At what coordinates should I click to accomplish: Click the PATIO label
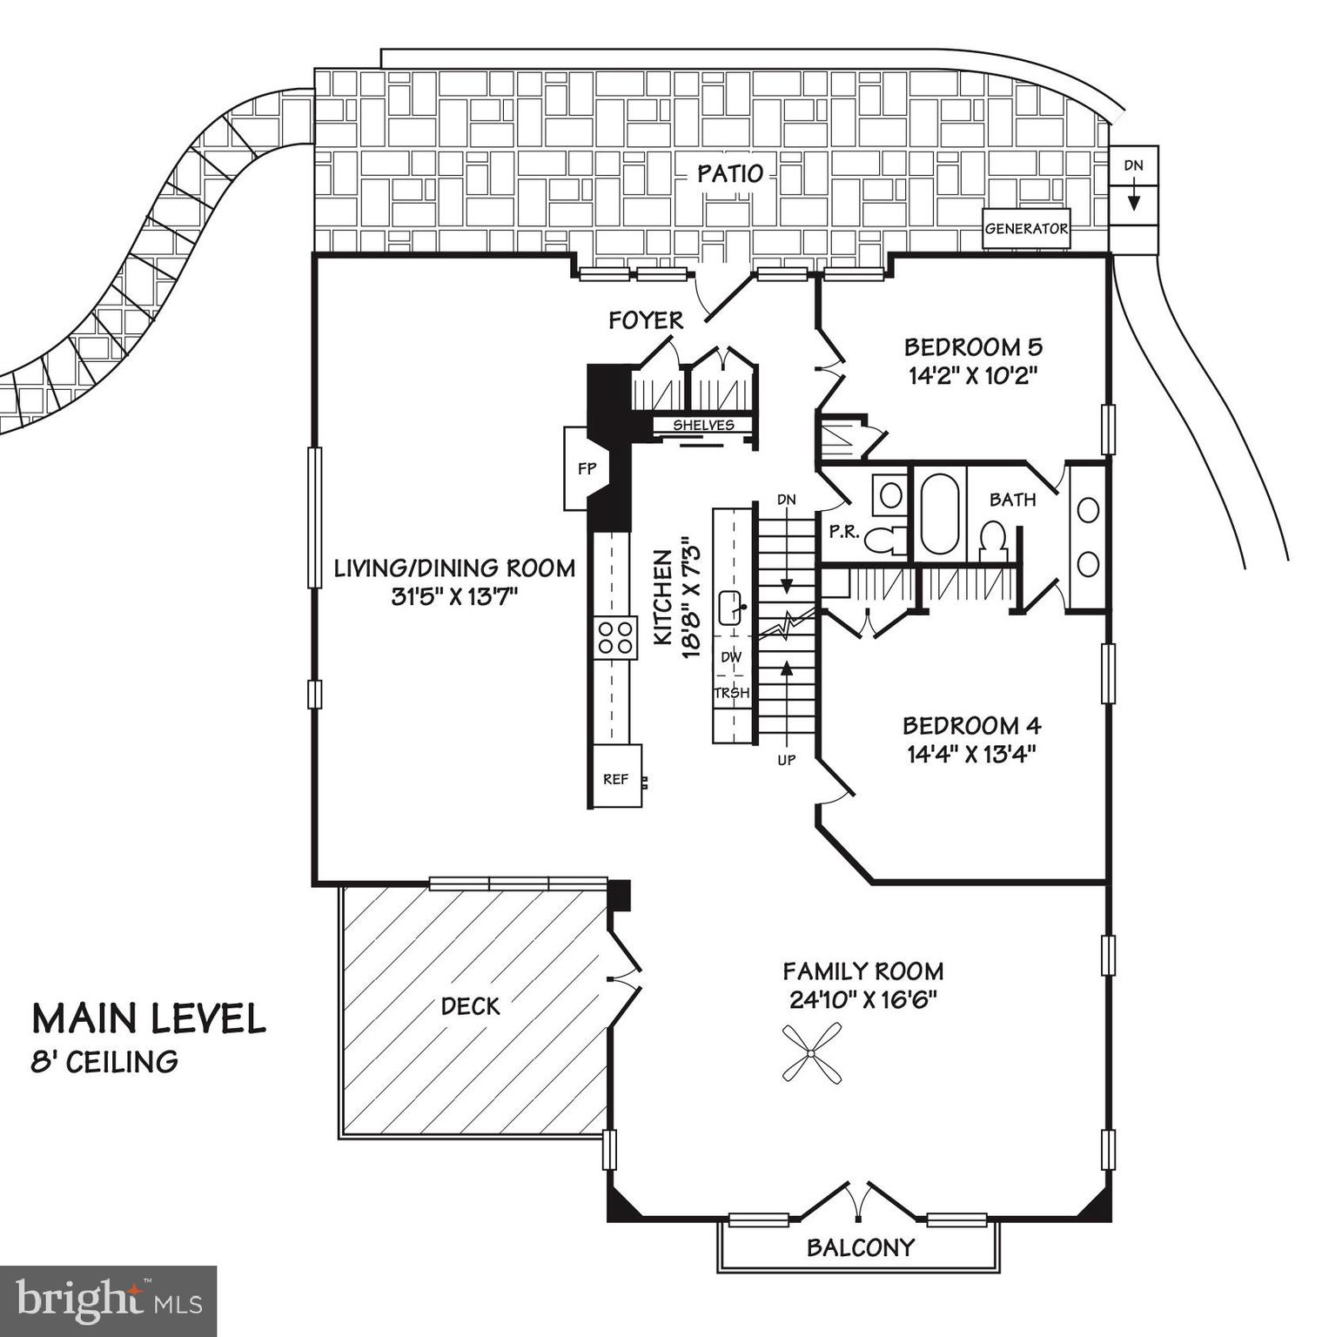pyautogui.click(x=730, y=173)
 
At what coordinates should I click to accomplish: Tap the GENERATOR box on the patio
pyautogui.click(x=1026, y=229)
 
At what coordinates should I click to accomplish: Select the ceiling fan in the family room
pyautogui.click(x=811, y=1053)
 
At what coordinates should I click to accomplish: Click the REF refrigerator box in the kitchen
pyautogui.click(x=616, y=778)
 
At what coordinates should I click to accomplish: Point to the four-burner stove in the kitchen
pyautogui.click(x=614, y=636)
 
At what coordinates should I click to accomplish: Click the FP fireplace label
pyautogui.click(x=587, y=468)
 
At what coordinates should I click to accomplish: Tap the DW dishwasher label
pyautogui.click(x=731, y=657)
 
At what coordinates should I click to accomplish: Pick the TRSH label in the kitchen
pyautogui.click(x=731, y=693)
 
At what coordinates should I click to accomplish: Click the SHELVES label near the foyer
pyautogui.click(x=703, y=426)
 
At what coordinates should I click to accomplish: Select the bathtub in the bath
pyautogui.click(x=938, y=513)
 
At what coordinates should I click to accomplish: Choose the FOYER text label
pyautogui.click(x=646, y=320)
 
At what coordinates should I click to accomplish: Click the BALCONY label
pyautogui.click(x=860, y=1247)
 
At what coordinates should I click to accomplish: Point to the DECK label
pyautogui.click(x=470, y=1006)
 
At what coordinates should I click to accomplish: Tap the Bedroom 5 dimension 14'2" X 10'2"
pyautogui.click(x=973, y=376)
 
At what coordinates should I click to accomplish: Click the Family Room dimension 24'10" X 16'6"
pyautogui.click(x=862, y=1000)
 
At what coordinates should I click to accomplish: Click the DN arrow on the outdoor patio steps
pyautogui.click(x=1133, y=201)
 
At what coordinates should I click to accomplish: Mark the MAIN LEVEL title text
pyautogui.click(x=149, y=1019)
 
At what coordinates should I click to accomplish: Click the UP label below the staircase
pyautogui.click(x=786, y=760)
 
